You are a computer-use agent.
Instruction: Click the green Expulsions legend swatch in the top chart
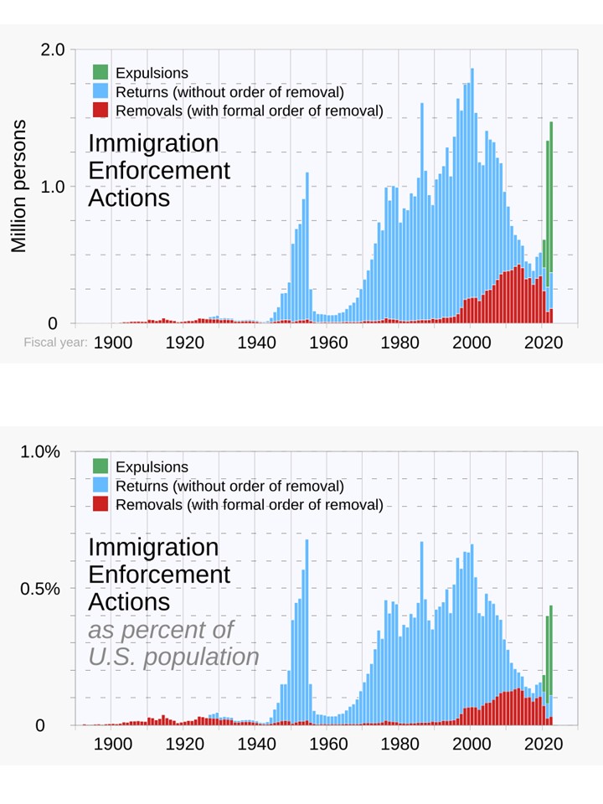[100, 73]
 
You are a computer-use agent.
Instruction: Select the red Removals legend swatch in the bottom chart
[100, 504]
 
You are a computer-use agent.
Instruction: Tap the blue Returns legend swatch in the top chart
[100, 91]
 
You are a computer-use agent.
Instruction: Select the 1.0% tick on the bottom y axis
[40, 452]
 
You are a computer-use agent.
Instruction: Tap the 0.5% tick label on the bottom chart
[40, 589]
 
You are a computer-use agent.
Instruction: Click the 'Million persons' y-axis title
[19, 186]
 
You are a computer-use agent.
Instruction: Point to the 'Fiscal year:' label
[54, 343]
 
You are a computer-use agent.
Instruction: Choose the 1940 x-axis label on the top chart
[255, 342]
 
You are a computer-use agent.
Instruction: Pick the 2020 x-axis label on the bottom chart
[543, 743]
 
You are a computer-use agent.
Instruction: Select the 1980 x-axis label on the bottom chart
[399, 743]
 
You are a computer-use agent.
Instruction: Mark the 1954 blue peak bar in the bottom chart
[307, 628]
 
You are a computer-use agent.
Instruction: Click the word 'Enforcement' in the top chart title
[159, 171]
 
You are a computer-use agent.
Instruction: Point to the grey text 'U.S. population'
[173, 657]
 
